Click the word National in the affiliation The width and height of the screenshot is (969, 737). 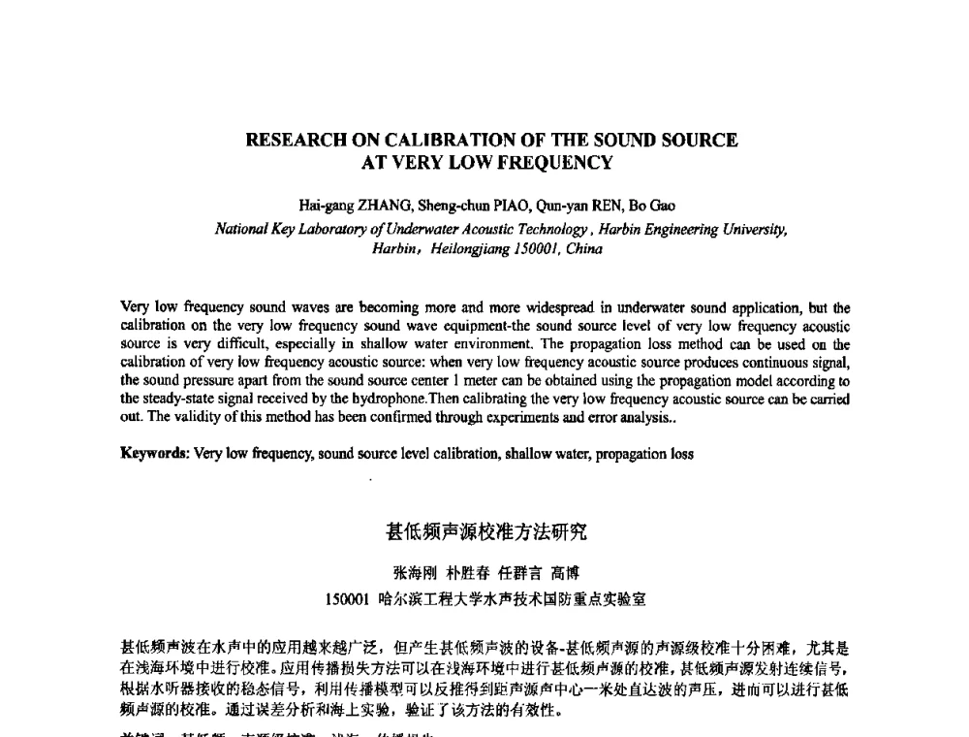pyautogui.click(x=241, y=230)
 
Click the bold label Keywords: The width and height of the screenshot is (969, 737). pyautogui.click(x=154, y=453)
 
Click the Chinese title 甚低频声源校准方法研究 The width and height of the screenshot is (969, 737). pyautogui.click(x=485, y=532)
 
